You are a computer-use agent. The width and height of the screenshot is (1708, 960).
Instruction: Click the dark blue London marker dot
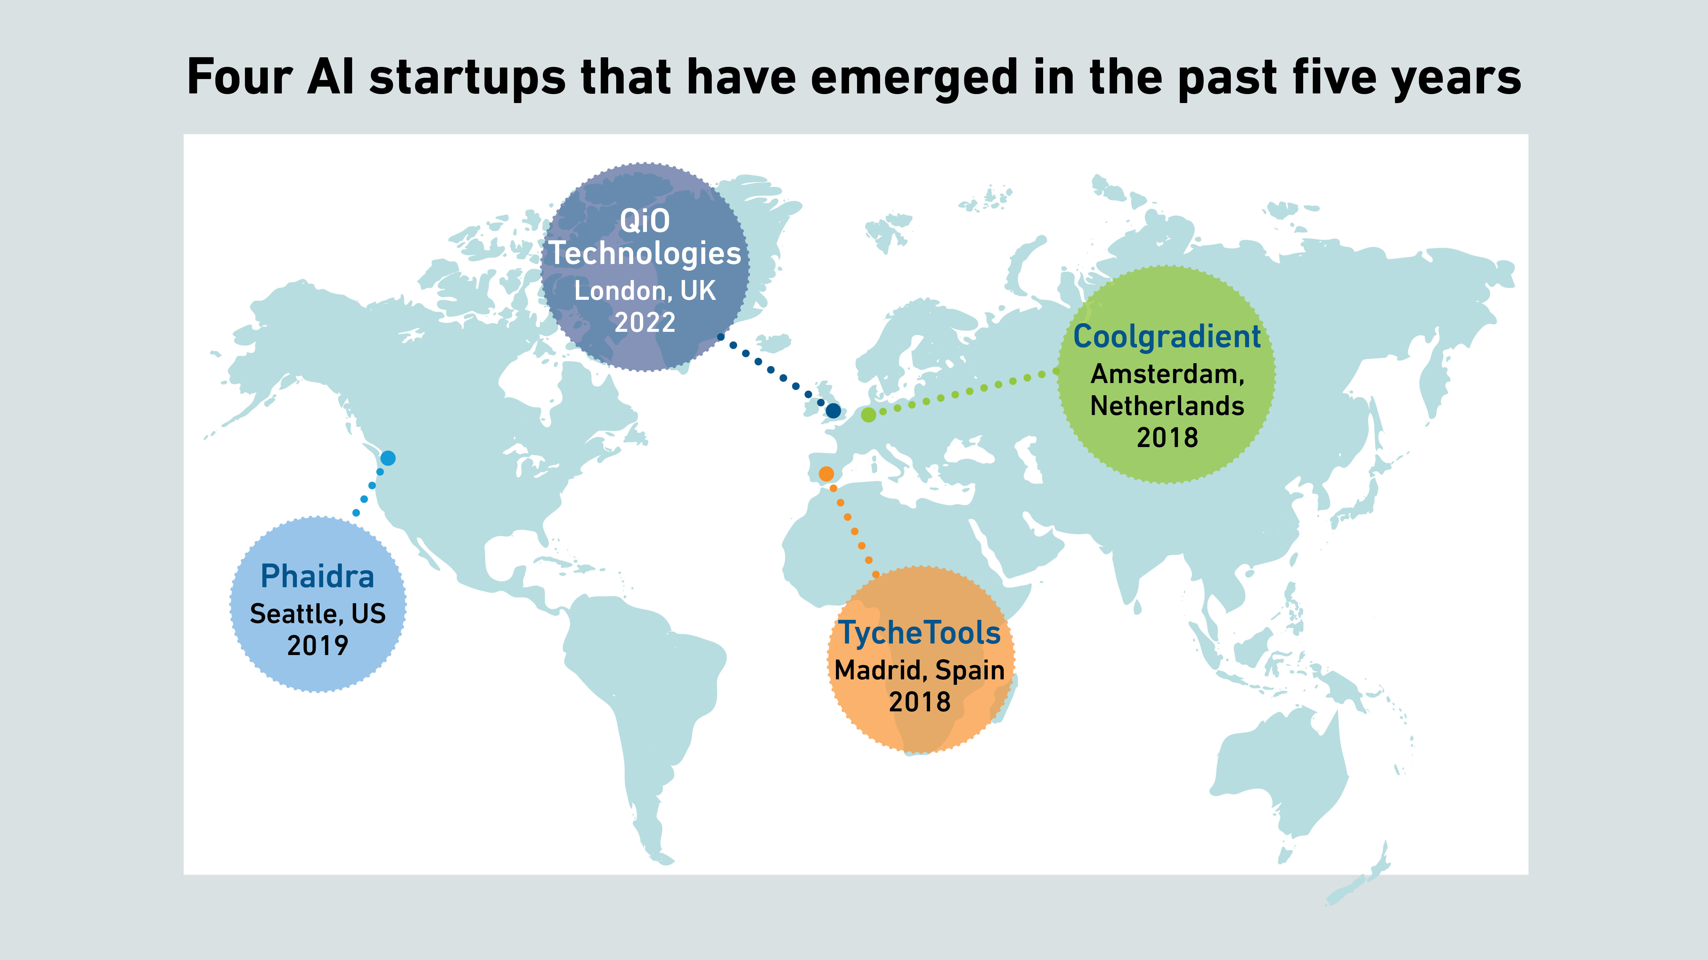(x=833, y=411)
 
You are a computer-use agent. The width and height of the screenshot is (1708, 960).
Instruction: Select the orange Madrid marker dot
(x=826, y=474)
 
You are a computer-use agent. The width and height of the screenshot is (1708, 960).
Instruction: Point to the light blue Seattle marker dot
(x=388, y=458)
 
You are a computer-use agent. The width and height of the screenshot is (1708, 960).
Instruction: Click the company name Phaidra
(x=318, y=576)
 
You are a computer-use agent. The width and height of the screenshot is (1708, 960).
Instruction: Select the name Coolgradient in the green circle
(x=1167, y=337)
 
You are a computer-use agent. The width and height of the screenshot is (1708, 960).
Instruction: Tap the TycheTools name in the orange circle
(x=919, y=633)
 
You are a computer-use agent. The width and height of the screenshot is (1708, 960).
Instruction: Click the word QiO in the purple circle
(x=644, y=220)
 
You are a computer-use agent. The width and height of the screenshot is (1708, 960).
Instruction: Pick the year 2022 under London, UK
(x=644, y=323)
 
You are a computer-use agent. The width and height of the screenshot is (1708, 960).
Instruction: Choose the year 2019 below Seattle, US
(x=318, y=645)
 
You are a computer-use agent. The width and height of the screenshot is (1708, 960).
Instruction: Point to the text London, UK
(x=644, y=291)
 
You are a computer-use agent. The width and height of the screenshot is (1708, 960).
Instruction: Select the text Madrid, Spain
(x=919, y=670)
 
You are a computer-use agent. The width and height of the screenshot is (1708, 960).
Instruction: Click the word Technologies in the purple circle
(x=644, y=254)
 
